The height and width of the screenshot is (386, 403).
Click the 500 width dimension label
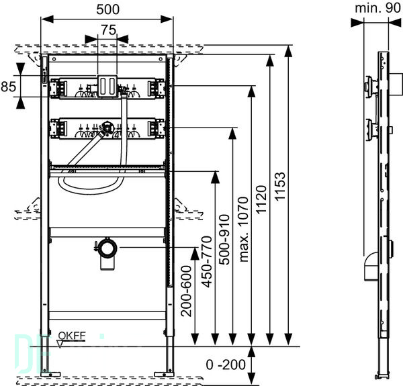pos(107,9)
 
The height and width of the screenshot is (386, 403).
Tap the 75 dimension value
pos(108,30)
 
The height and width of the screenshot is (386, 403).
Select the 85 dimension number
pos(9,87)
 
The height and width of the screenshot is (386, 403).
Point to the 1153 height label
pos(280,186)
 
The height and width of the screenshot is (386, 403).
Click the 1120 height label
pos(261,199)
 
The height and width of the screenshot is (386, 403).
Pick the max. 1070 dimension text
pos(243,229)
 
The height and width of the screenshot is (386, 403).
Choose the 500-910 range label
pos(224,240)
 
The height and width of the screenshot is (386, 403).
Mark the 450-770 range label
pos(207,262)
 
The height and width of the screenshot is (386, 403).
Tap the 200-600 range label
pos(186,291)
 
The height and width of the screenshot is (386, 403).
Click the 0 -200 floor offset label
pos(226,365)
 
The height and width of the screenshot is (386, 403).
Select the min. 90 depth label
pos(377,8)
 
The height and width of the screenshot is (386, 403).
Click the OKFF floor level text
pos(72,336)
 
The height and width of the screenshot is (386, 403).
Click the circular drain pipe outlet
pos(107,248)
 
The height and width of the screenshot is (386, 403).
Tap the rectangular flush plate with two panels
pos(107,87)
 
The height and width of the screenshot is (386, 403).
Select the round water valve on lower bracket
pos(106,127)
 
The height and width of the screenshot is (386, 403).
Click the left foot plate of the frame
pos(50,375)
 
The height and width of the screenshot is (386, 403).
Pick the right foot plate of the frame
pos(165,375)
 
